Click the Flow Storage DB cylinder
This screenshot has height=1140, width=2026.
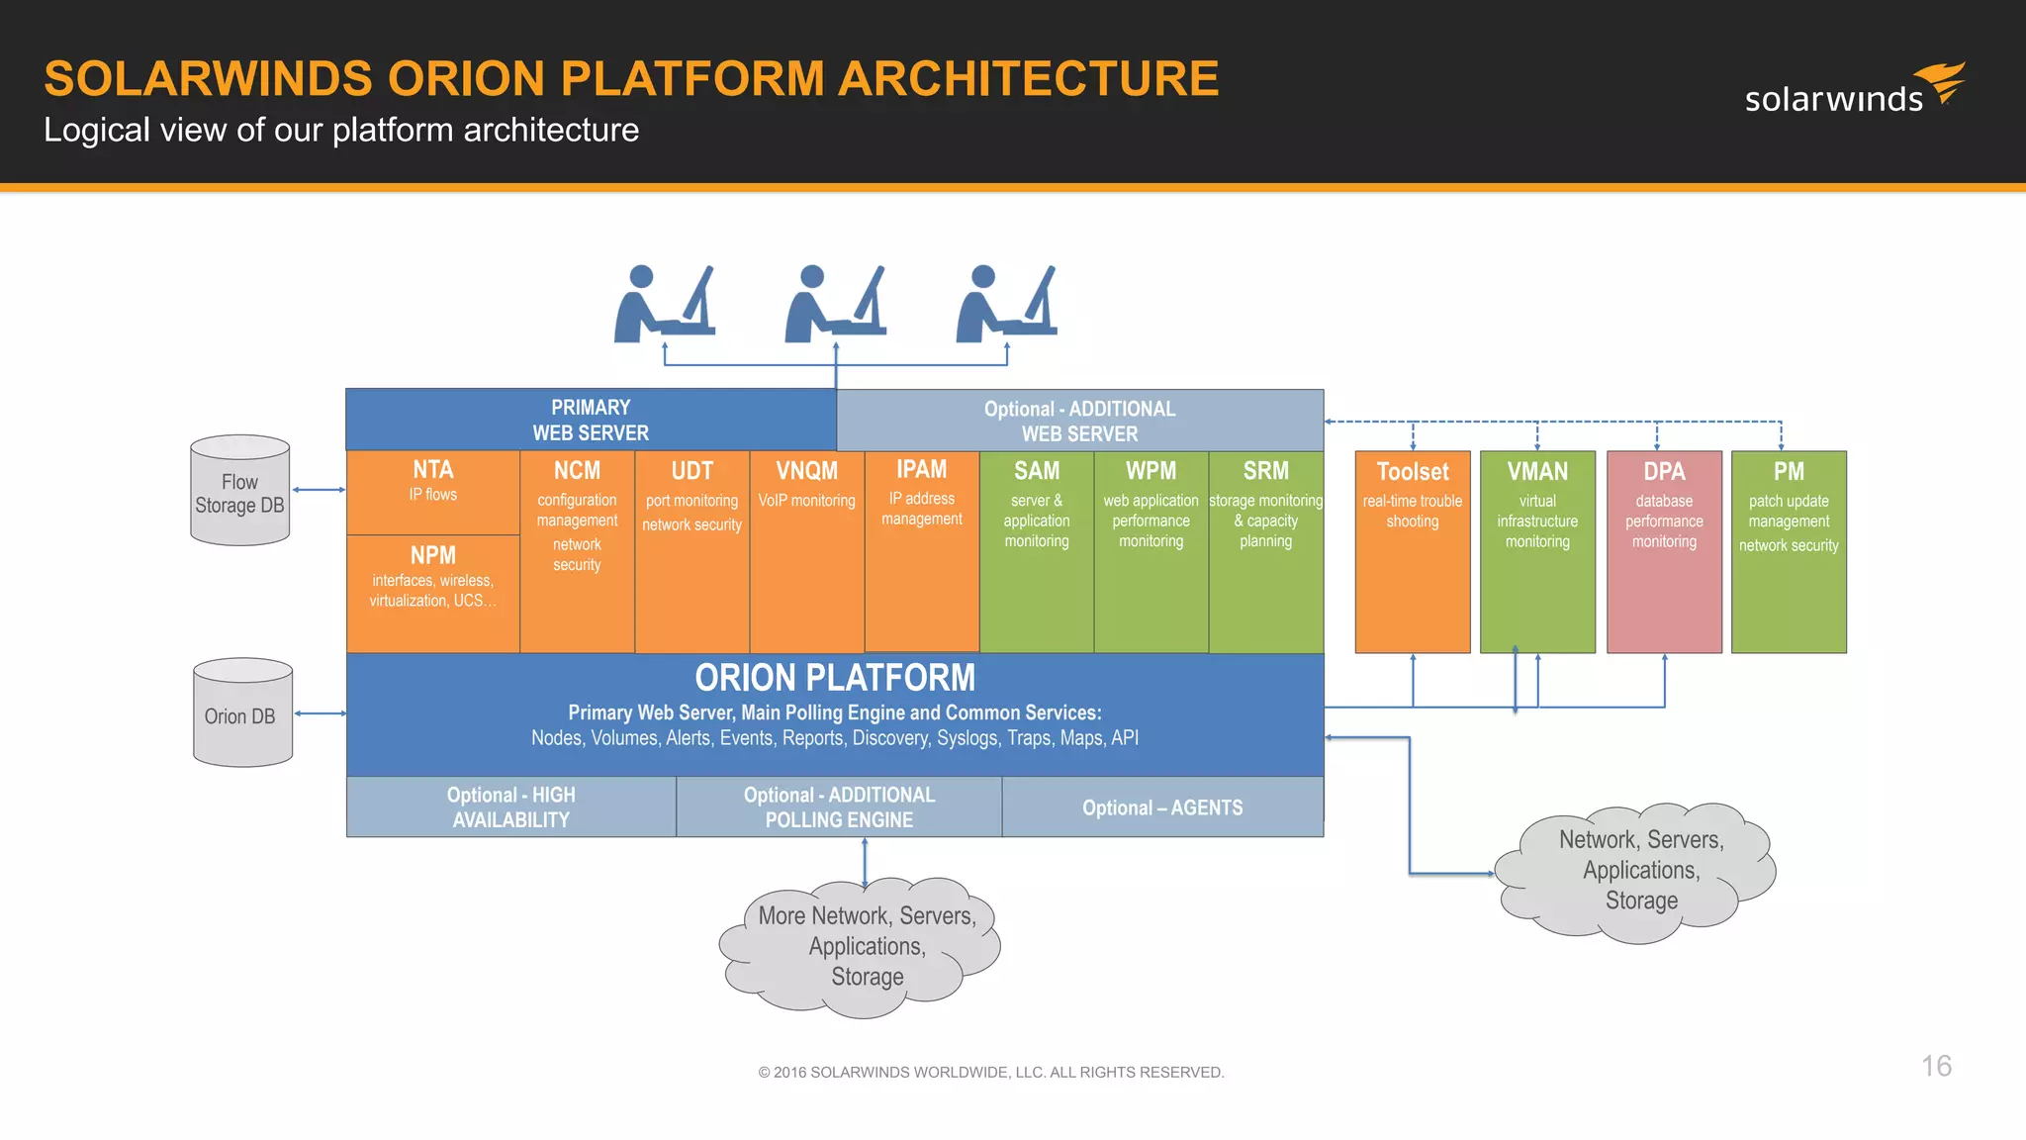[239, 492]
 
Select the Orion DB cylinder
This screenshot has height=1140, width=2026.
[242, 713]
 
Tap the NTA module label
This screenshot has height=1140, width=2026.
[433, 470]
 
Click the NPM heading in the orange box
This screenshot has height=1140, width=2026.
[433, 555]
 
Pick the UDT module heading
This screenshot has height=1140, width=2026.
[691, 471]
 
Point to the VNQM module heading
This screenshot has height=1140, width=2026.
[806, 471]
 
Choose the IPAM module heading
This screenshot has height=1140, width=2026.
[921, 469]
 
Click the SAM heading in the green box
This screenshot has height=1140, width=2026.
[1036, 471]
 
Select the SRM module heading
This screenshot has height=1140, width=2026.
[1265, 471]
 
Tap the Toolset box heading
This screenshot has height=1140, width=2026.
[1412, 472]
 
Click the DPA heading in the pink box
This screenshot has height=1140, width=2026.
[1664, 472]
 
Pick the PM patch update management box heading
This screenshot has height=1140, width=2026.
[1789, 472]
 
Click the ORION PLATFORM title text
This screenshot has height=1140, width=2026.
[835, 678]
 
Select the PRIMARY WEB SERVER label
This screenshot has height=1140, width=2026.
[591, 420]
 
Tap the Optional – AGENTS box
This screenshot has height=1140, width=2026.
[1162, 807]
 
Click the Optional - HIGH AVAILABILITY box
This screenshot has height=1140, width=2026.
[510, 807]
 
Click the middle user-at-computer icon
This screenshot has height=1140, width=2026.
[834, 304]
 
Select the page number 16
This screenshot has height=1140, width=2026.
[1936, 1066]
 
